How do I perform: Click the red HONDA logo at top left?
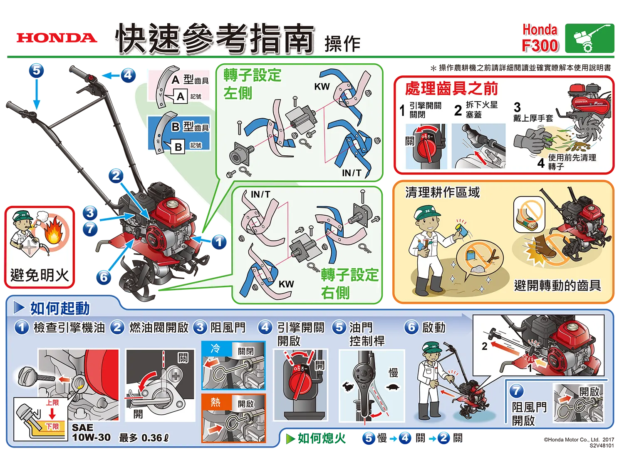(x=57, y=38)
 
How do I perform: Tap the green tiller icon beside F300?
(x=589, y=38)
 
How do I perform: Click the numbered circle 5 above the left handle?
(x=37, y=70)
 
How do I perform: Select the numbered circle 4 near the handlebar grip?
(x=128, y=75)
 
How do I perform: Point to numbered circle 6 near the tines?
(x=104, y=277)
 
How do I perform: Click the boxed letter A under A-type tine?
(x=180, y=97)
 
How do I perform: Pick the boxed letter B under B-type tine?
(x=178, y=147)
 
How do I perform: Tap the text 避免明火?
(x=40, y=275)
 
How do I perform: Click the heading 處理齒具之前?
(x=451, y=89)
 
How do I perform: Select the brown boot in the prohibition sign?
(x=543, y=246)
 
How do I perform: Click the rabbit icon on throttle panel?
(x=348, y=387)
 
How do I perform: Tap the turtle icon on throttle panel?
(x=393, y=387)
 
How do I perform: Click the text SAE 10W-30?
(x=91, y=432)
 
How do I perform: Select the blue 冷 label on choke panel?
(x=215, y=348)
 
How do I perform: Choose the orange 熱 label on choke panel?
(x=215, y=402)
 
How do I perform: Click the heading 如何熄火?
(x=322, y=438)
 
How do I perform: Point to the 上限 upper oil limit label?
(x=52, y=403)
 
